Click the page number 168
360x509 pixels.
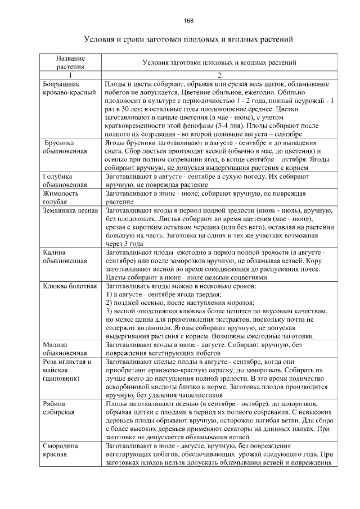pos(188,21)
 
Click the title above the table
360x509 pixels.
pos(188,40)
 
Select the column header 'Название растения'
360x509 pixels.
pos(70,62)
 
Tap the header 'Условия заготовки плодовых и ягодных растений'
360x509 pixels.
pos(220,62)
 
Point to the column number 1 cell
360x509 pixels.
pos(70,75)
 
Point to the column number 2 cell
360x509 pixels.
pos(220,75)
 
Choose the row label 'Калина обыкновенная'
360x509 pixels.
pos(65,256)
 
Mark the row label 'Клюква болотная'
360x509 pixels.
pos(70,286)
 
